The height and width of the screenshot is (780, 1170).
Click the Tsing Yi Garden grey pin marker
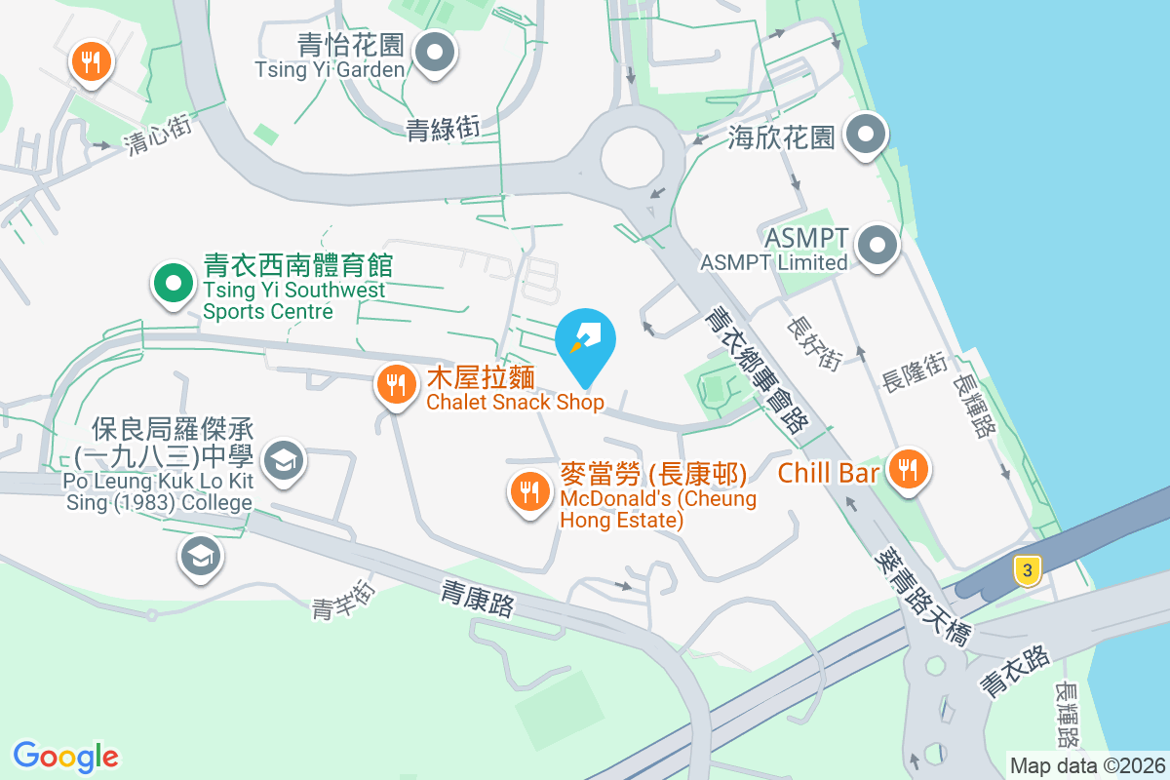point(435,52)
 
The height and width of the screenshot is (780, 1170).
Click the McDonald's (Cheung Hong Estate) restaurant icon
point(529,491)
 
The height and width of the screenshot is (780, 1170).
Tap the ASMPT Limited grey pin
point(877,245)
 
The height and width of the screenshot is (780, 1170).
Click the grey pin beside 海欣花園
point(865,136)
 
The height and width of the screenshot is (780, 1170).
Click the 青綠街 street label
point(443,128)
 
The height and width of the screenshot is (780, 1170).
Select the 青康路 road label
point(477,599)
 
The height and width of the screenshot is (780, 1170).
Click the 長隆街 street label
point(914,372)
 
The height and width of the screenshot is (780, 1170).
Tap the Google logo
point(65,757)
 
